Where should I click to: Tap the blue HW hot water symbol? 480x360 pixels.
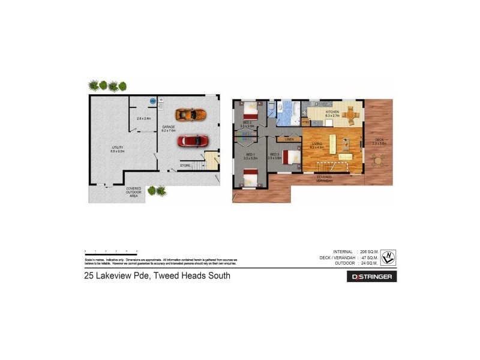pyautogui.click(x=153, y=101)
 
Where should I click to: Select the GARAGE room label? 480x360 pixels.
pyautogui.click(x=169, y=128)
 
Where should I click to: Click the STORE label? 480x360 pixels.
pyautogui.click(x=185, y=165)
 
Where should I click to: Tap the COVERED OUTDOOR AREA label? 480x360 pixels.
pyautogui.click(x=134, y=192)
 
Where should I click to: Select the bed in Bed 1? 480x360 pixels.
pyautogui.click(x=250, y=178)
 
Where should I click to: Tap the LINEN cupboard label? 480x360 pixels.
pyautogui.click(x=289, y=139)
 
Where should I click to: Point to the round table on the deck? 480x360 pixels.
pyautogui.click(x=379, y=160)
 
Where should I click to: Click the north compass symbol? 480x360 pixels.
pyautogui.click(x=389, y=256)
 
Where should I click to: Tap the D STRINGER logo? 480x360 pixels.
pyautogui.click(x=371, y=277)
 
